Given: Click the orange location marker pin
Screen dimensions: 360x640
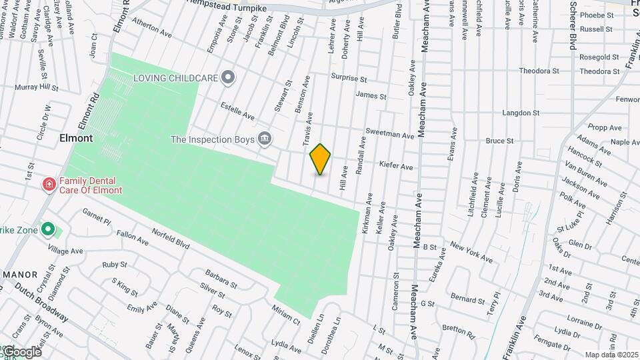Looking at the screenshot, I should coord(320,159).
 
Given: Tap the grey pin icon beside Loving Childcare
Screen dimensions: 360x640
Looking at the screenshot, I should coord(229,78).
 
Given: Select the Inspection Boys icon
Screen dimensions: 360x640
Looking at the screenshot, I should coord(265,139).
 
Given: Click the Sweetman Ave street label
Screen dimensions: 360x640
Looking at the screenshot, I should coord(390,134).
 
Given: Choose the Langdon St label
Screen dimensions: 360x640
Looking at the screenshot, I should coord(520,113).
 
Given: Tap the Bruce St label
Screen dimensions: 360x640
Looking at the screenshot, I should coord(499,141).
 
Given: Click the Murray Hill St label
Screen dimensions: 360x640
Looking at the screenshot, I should coord(37,87).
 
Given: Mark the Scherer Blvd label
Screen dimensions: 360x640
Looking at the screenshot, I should coord(572,25).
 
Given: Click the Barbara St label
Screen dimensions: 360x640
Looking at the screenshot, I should coord(221,279).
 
